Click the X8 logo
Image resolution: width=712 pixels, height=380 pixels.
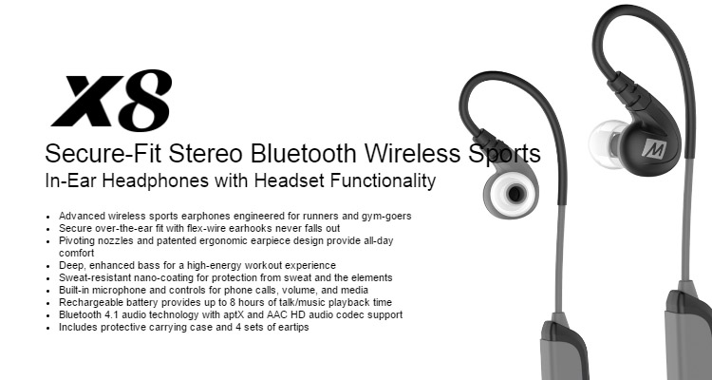[112, 100]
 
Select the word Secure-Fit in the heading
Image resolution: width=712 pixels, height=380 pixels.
[103, 153]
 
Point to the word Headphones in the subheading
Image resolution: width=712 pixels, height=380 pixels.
[156, 180]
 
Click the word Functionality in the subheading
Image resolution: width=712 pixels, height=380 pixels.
[383, 180]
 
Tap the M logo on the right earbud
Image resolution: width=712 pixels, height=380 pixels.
[654, 148]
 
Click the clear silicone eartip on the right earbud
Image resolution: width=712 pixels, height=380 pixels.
[605, 144]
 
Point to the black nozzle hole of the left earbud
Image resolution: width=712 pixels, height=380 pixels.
[515, 194]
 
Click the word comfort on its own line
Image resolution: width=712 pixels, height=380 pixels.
[77, 254]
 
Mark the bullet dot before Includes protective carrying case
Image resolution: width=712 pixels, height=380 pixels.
[47, 328]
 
